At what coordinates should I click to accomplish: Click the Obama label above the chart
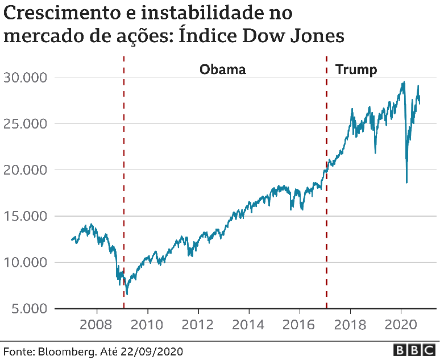point(222,70)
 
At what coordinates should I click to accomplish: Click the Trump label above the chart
point(356,70)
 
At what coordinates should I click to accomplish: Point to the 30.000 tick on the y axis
point(26,77)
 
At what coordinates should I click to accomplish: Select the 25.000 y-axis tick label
point(26,123)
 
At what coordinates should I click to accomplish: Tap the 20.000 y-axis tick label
point(26,170)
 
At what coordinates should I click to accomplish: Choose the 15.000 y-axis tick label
point(26,216)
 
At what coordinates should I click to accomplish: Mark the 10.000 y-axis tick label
point(26,263)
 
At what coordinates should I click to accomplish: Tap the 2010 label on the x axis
point(148,326)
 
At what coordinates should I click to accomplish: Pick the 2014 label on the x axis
point(249,326)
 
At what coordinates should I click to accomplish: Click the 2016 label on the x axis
point(300,326)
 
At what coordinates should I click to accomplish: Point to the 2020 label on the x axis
point(401,326)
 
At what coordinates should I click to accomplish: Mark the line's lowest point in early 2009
point(127,294)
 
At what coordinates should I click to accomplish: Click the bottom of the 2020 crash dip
point(406,182)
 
